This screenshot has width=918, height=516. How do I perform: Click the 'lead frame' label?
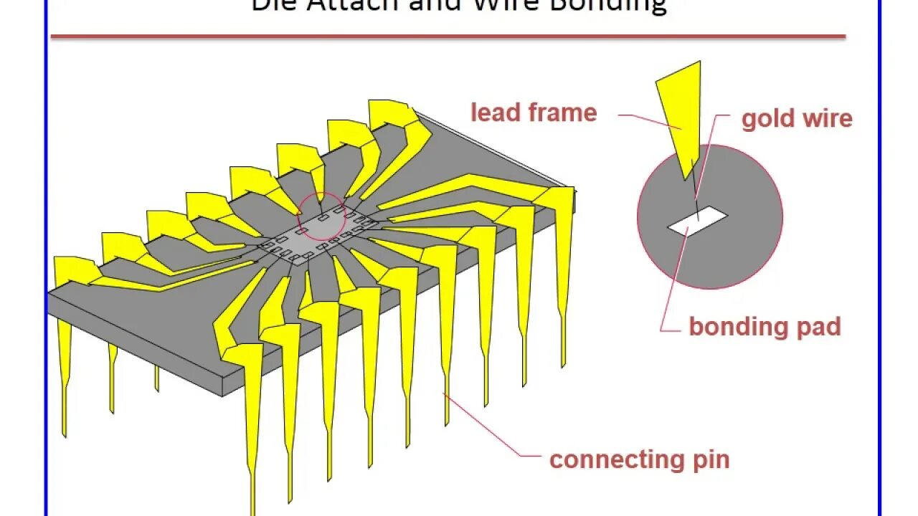click(x=533, y=113)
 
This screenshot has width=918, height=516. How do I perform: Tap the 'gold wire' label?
click(x=797, y=118)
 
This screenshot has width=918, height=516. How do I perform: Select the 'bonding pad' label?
click(x=765, y=327)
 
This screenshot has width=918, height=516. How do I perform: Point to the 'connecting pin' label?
click(x=639, y=459)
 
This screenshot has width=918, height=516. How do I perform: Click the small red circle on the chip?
click(x=322, y=216)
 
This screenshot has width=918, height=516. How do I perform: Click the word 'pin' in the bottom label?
click(x=711, y=459)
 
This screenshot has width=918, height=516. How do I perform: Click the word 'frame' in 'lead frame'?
click(x=563, y=113)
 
